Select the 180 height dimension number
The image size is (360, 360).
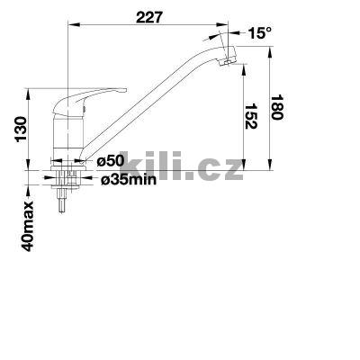point(281,112)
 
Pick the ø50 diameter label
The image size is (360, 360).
point(107,161)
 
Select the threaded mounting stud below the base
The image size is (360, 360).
point(62,200)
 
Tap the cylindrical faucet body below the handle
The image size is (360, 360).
point(67,135)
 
